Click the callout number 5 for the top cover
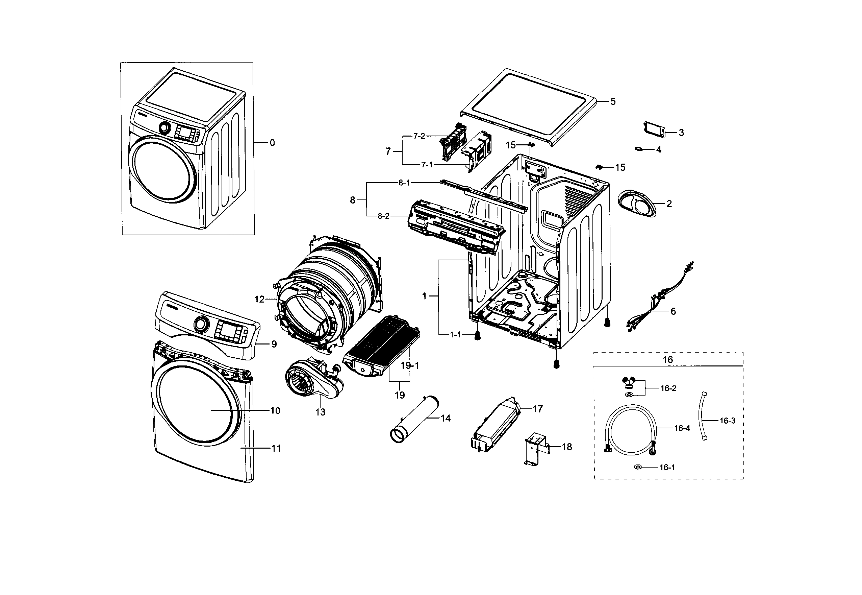click(613, 101)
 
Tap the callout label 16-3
click(727, 421)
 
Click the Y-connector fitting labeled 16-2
click(629, 383)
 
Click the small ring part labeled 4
click(639, 149)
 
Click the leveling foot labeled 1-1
click(477, 337)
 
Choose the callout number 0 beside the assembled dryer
click(272, 143)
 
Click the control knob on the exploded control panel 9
click(201, 324)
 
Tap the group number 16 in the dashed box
click(667, 359)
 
